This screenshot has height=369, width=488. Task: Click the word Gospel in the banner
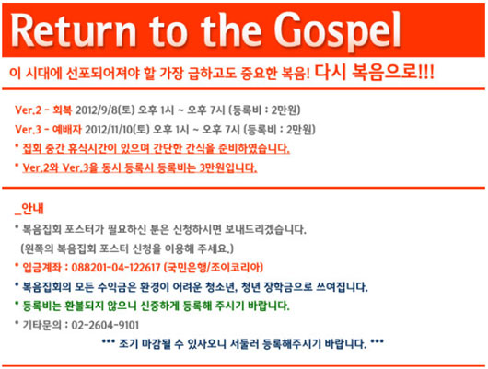(x=338, y=30)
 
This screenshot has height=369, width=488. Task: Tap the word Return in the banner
(x=74, y=30)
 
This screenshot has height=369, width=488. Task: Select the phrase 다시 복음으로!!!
(x=374, y=73)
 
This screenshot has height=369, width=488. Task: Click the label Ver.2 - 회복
(x=43, y=110)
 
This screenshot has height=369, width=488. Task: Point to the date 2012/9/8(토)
(x=105, y=110)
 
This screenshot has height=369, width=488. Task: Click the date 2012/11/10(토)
(x=117, y=130)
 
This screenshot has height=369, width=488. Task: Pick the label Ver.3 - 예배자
(x=48, y=130)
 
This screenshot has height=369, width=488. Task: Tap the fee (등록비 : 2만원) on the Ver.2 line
(x=264, y=110)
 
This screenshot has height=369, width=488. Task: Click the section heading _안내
(x=29, y=209)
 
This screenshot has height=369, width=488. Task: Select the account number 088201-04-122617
(x=116, y=267)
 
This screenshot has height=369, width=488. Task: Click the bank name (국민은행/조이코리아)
(x=214, y=267)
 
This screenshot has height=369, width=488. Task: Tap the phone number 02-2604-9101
(x=105, y=325)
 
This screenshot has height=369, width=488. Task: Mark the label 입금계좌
(x=41, y=267)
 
